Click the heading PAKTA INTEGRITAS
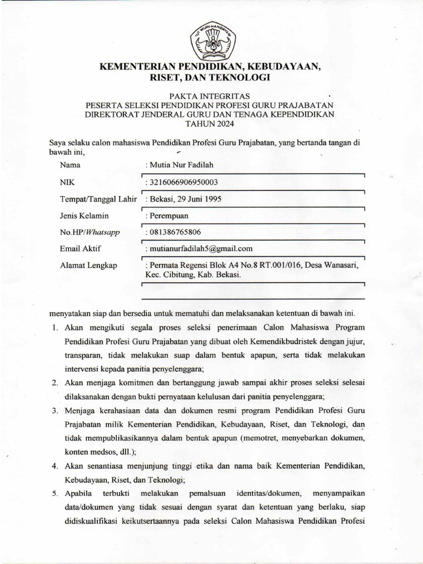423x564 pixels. click(x=211, y=95)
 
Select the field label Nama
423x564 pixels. click(x=70, y=165)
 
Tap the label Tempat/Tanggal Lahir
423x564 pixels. click(x=98, y=198)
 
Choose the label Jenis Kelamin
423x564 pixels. click(x=84, y=215)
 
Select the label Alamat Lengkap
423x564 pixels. click(x=88, y=265)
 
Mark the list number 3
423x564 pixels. click(x=55, y=411)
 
